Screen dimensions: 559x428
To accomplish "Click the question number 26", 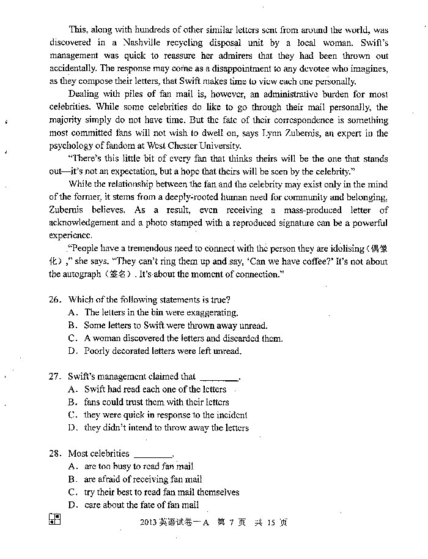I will click(56, 299).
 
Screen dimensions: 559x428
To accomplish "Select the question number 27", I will click(56, 377).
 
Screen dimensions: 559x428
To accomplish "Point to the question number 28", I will click(56, 454).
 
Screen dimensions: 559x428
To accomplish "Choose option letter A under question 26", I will click(72, 312).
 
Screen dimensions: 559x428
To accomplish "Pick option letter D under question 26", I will click(72, 351).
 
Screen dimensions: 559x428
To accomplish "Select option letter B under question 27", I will click(72, 402).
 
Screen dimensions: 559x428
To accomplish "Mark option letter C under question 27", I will click(72, 415).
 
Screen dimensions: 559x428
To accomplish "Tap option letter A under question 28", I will click(72, 467).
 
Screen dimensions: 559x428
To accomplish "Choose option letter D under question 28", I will click(72, 505).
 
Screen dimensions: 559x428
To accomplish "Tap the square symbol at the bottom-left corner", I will click(54, 519).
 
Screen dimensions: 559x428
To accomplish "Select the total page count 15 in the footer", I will click(268, 522).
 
